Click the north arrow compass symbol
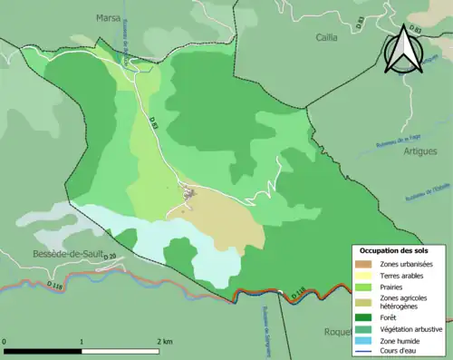(404, 52)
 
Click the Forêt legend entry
(392, 316)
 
